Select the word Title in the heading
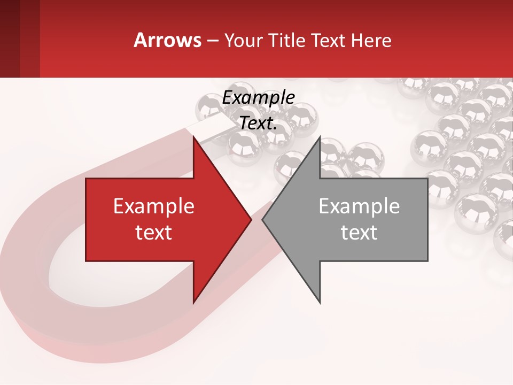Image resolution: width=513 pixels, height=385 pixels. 286,40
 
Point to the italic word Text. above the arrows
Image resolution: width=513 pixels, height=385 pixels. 258,124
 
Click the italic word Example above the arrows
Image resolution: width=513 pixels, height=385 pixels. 258,98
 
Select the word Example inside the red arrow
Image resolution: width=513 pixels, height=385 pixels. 154,206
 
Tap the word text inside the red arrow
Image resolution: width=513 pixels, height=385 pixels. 154,232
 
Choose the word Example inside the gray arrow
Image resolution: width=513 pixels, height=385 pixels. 359,206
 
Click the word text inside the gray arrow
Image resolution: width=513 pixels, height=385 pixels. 359,232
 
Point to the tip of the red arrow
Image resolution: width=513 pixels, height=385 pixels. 251,220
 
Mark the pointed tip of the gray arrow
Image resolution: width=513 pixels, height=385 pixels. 263,220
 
